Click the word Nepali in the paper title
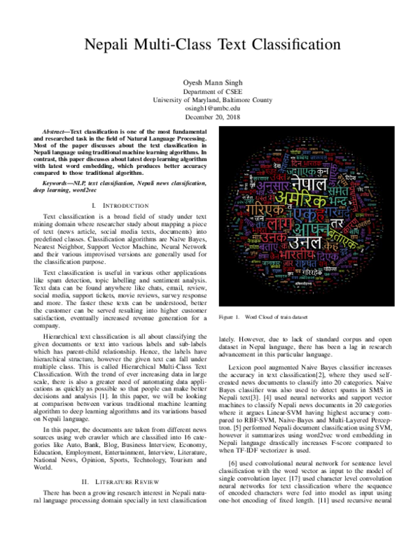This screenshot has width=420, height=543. (113, 45)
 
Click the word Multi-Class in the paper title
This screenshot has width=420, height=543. (174, 45)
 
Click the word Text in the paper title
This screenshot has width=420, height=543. (223, 45)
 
